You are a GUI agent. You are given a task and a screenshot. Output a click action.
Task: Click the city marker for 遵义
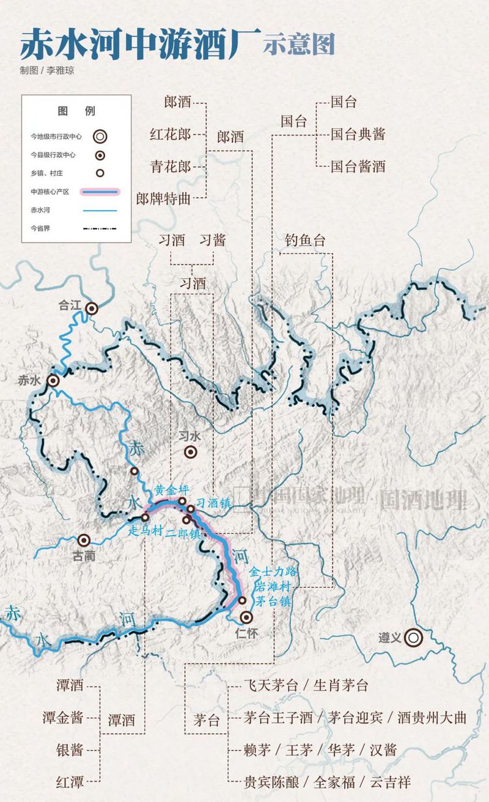414,638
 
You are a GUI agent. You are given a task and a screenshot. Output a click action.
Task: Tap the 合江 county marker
92,308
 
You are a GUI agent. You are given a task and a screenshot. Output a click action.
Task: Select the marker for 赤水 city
54,381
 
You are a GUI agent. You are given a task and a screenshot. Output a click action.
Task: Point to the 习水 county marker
191,452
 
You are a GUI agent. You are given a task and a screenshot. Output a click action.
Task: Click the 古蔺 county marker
84,540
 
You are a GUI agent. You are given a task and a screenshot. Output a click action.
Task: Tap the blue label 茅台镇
273,601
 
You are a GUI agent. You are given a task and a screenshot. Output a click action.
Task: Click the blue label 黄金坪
169,490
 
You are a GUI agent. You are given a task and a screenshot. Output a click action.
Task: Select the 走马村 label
145,531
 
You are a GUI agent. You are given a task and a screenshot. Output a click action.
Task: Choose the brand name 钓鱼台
304,241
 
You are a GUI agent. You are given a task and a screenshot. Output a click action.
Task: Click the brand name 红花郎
171,134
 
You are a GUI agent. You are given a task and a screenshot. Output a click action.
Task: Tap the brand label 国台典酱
358,134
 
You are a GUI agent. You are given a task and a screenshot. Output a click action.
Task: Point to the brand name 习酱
213,240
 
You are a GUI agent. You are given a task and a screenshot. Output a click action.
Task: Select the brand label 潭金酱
62,718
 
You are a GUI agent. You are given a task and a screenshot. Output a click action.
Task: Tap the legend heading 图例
76,111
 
